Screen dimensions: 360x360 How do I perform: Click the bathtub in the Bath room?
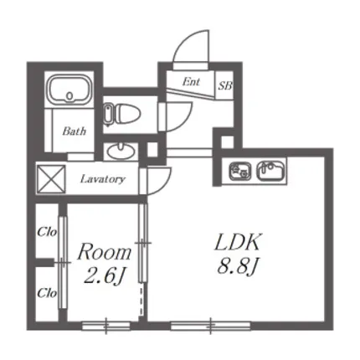click(x=69, y=89)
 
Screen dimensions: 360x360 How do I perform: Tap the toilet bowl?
click(x=123, y=114)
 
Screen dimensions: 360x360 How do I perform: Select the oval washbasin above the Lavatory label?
click(x=121, y=151)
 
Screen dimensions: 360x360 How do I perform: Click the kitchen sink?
click(x=270, y=171)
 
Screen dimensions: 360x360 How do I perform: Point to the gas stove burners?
click(x=240, y=171)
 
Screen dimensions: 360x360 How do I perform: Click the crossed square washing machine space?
click(x=51, y=179)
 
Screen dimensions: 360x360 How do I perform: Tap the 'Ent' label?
click(x=191, y=81)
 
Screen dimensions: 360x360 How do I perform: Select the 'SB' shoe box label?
click(x=225, y=85)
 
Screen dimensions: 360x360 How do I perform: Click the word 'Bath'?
click(x=74, y=131)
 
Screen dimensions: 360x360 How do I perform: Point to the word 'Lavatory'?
click(x=103, y=179)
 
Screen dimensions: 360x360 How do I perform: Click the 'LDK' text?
click(x=238, y=242)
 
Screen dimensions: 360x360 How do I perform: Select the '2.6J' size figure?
click(x=104, y=276)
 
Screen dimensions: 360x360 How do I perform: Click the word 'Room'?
click(x=105, y=252)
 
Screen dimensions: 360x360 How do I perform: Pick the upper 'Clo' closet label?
click(x=47, y=232)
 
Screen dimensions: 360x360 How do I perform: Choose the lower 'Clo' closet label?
click(x=47, y=293)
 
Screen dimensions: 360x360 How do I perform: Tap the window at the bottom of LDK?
click(x=211, y=326)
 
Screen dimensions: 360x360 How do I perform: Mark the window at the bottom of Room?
click(x=106, y=326)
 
